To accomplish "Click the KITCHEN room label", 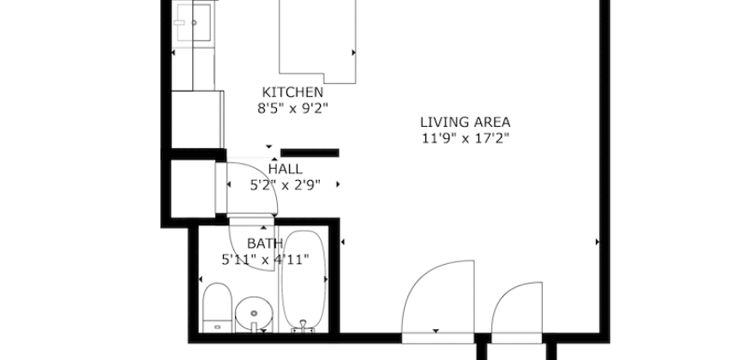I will [x=292, y=93].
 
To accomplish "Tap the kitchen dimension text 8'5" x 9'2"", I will [x=292, y=109].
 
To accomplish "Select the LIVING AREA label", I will [x=465, y=122].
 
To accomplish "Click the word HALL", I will [x=285, y=169].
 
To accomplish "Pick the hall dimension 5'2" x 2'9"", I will [x=285, y=184].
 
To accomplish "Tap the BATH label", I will [x=264, y=243].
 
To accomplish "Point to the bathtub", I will [x=304, y=279].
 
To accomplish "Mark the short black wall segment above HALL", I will [x=310, y=153].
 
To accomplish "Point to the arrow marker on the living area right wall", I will [x=598, y=243].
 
